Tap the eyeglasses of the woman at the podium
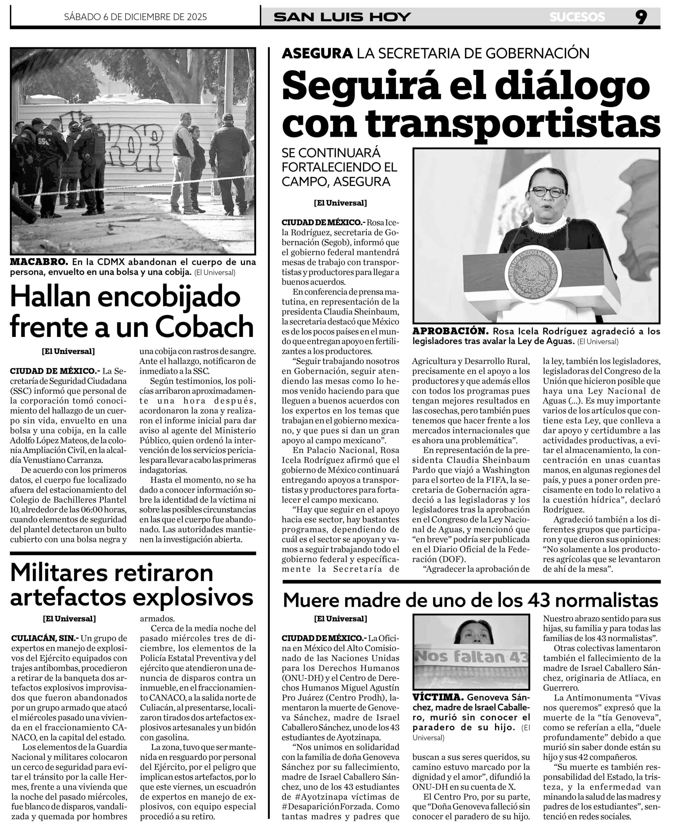[x=548, y=192]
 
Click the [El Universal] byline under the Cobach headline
[x=68, y=351]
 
